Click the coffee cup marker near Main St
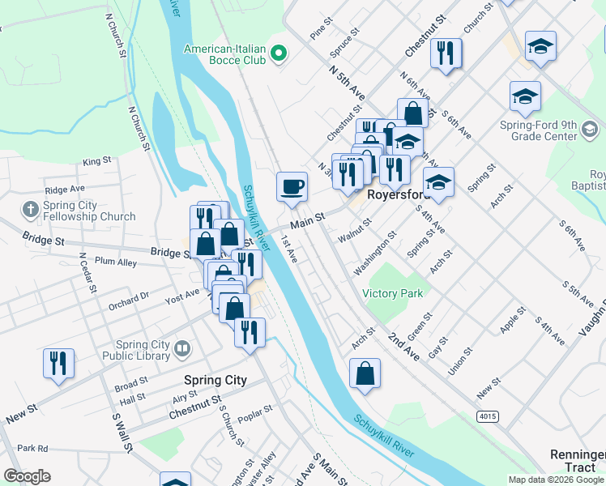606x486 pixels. coord(292,187)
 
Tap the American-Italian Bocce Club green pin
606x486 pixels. coord(280,55)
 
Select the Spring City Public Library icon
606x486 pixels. coord(183,350)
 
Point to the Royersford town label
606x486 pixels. coord(396,195)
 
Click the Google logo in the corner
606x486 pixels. coord(27,476)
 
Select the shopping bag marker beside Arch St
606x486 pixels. coord(365,374)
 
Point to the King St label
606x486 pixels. coord(96,162)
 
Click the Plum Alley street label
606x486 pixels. coord(116,262)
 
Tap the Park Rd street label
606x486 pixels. coord(32,448)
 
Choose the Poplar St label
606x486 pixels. coord(255,411)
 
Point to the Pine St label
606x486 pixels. coord(322,30)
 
